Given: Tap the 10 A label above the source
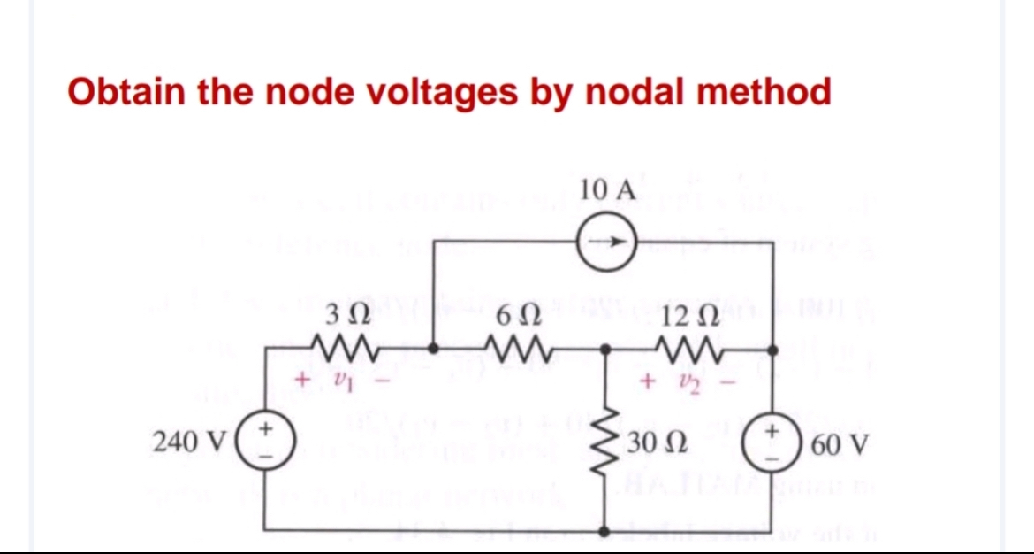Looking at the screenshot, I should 608,189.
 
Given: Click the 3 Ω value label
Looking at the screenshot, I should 340,313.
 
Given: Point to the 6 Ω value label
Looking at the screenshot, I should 515,313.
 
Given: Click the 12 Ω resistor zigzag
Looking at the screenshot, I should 688,349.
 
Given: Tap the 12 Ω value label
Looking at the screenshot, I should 687,313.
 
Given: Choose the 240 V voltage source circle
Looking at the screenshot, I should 266,440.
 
